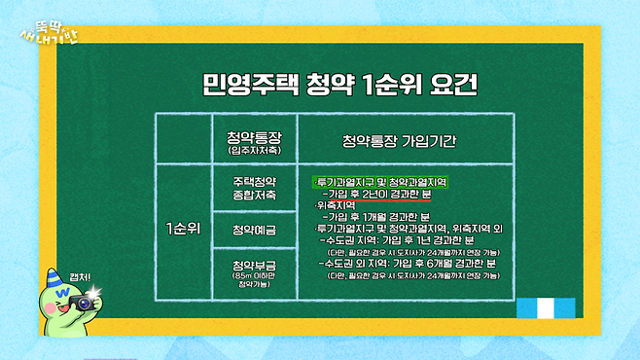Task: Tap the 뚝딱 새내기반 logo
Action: click(x=49, y=25)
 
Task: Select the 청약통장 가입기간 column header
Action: click(x=400, y=141)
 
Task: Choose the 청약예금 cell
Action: click(x=255, y=230)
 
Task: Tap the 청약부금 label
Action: click(x=255, y=266)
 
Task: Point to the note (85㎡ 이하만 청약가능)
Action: click(x=255, y=282)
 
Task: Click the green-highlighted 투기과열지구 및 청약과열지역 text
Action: click(x=381, y=182)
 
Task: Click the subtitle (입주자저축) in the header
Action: click(x=254, y=151)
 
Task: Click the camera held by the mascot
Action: click(x=84, y=303)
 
